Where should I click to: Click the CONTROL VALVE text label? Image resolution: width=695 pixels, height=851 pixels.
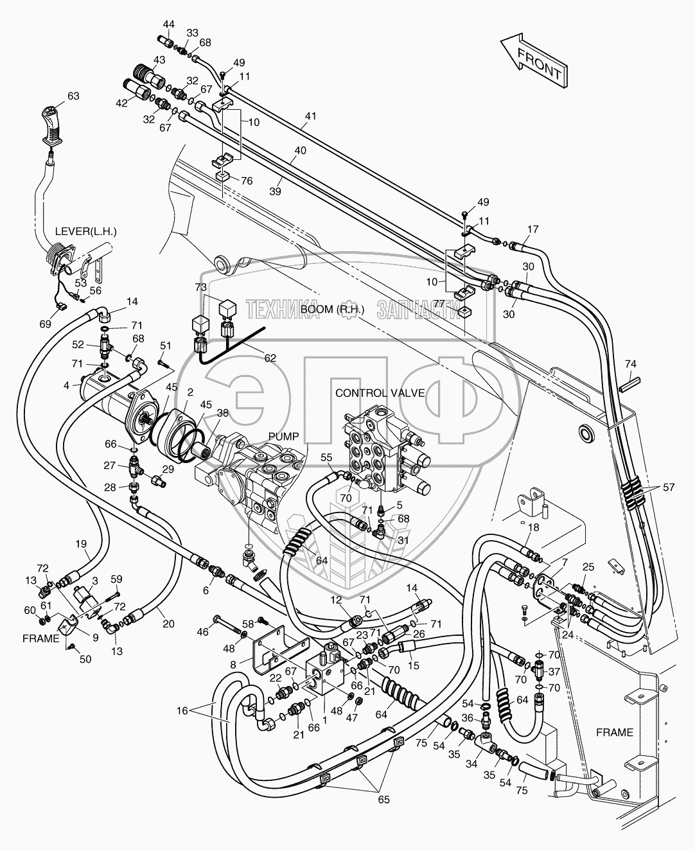coord(380,393)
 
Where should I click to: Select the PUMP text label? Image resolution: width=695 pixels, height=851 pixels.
coord(284,437)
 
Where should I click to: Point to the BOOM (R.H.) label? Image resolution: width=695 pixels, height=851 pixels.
coord(333,309)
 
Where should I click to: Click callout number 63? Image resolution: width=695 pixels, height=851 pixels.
coord(73,96)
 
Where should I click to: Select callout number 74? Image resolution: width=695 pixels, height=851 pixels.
coord(630,364)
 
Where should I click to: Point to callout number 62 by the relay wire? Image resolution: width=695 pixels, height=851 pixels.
coord(270,358)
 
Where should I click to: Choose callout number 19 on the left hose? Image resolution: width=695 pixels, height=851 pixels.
coord(81,544)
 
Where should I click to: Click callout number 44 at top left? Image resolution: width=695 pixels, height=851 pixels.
coord(168,24)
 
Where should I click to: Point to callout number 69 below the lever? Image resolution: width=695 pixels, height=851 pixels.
coord(44,324)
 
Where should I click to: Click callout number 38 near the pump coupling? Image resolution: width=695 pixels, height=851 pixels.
coord(222,415)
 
